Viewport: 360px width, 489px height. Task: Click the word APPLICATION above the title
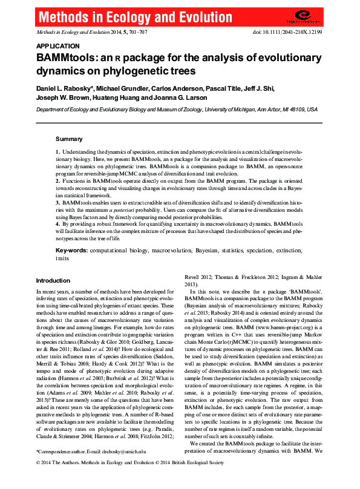(x=57, y=46)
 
